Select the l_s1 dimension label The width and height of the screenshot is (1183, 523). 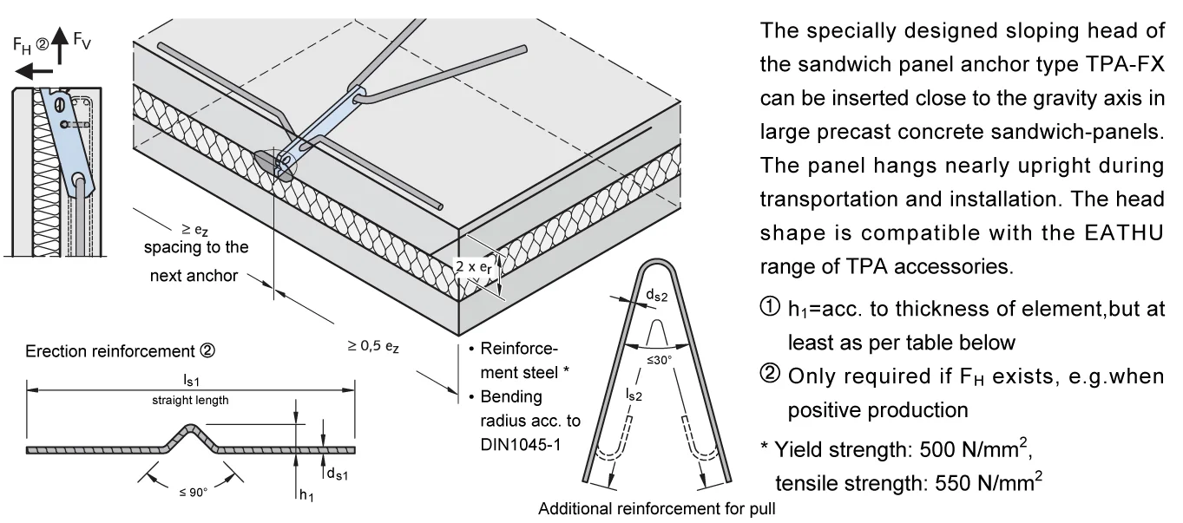click(190, 380)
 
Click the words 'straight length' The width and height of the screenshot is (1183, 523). click(190, 400)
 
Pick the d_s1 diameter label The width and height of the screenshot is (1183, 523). click(338, 474)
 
